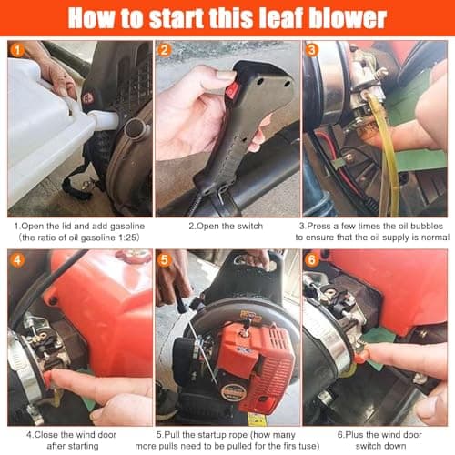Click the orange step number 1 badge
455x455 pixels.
coord(16,52)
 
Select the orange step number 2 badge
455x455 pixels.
coord(166,52)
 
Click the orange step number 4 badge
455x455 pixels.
coord(16,261)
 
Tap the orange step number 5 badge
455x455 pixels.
coord(166,261)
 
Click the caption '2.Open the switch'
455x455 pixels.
coord(226,224)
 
